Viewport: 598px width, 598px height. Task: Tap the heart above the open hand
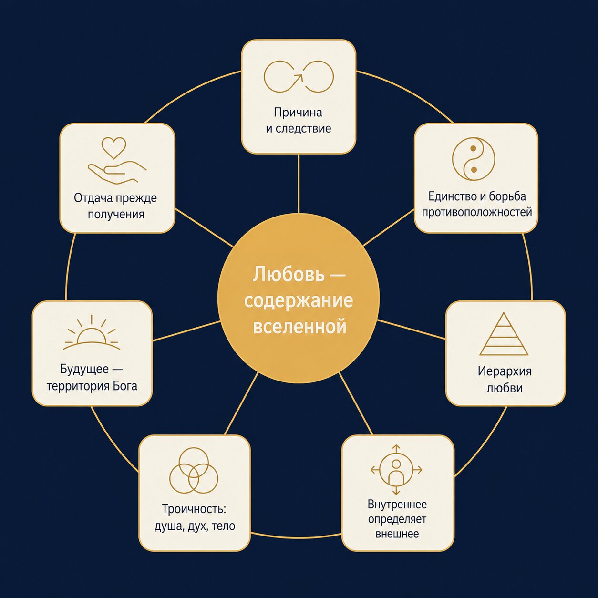(114, 147)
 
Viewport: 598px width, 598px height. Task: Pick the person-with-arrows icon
(396, 470)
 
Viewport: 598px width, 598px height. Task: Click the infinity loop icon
(299, 77)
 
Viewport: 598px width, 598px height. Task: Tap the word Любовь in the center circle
(285, 274)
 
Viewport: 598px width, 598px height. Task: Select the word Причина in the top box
(298, 112)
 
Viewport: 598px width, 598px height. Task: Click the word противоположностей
(477, 212)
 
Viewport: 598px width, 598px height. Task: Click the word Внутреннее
(397, 504)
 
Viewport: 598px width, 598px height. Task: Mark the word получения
(116, 215)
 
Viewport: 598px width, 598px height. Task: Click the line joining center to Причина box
(299, 183)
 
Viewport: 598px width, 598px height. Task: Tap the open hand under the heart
(117, 173)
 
